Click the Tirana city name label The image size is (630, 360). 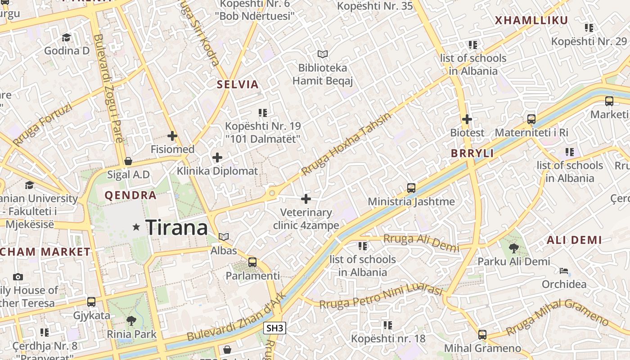click(x=176, y=227)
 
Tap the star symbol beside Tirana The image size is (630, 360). click(x=136, y=227)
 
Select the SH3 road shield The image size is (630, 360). click(x=275, y=328)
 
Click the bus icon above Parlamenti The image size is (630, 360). click(x=252, y=262)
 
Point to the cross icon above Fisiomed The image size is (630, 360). click(x=172, y=135)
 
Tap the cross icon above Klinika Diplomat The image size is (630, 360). click(x=217, y=157)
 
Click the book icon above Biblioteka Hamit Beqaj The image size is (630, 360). click(x=323, y=54)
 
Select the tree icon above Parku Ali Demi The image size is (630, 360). click(x=513, y=248)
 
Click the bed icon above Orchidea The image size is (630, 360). click(x=564, y=271)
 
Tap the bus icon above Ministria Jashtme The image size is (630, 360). click(x=411, y=188)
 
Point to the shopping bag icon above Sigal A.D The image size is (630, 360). click(x=128, y=161)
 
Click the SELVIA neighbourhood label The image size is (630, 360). click(x=238, y=84)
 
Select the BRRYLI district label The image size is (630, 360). click(x=472, y=153)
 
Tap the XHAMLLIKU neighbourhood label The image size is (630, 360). click(x=531, y=20)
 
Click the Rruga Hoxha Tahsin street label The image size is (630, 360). click(x=346, y=144)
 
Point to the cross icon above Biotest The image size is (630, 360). click(x=467, y=119)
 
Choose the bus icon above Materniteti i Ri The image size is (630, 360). click(x=531, y=119)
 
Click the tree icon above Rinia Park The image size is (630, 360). click(x=131, y=320)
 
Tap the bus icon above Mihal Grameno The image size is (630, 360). click(x=482, y=335)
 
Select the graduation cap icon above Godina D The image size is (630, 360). click(x=67, y=37)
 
